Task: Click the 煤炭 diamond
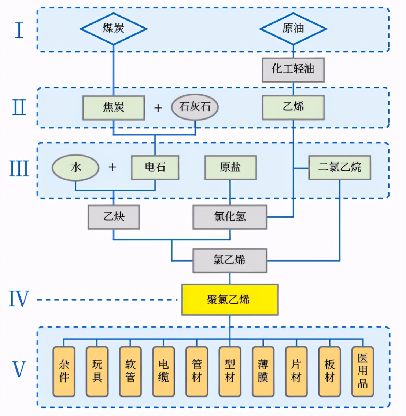(114, 29)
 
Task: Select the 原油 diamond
(293, 29)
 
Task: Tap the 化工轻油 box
(293, 69)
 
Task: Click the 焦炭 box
(114, 107)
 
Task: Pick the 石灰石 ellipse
(195, 107)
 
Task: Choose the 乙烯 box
(293, 107)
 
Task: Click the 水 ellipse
(75, 168)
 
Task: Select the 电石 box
(155, 168)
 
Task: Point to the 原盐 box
(230, 168)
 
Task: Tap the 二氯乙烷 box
(339, 168)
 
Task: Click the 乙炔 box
(114, 217)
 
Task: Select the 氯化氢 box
(230, 217)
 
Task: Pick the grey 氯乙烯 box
(230, 260)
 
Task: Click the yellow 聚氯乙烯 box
(230, 300)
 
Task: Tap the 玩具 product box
(97, 371)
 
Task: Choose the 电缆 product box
(163, 371)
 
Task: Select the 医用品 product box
(362, 371)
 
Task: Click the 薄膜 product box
(263, 371)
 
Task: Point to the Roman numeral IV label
(18, 299)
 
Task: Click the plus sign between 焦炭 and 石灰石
(158, 108)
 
